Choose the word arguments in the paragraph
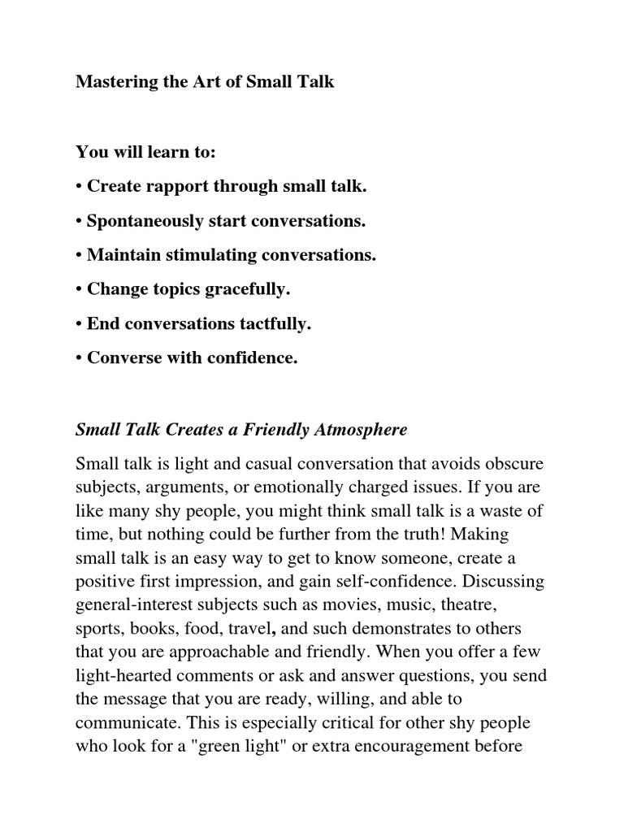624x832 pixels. coord(175,487)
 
